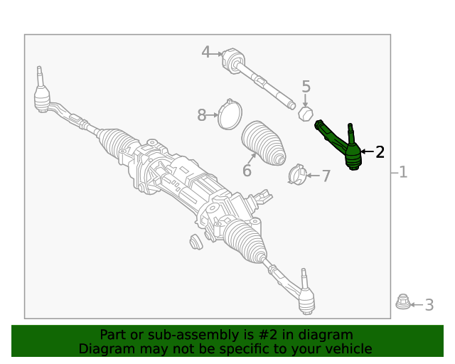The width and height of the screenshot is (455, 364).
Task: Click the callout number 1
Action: tap(403, 172)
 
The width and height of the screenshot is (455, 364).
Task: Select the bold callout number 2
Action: tap(380, 151)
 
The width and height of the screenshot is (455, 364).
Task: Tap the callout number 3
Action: tap(429, 305)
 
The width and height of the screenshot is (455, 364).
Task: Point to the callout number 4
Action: tap(206, 52)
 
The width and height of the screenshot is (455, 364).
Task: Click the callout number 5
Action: tap(306, 87)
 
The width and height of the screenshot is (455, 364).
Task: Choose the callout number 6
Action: tap(247, 171)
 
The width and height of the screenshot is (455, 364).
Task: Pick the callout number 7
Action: tap(326, 176)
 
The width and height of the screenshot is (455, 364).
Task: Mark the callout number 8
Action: tap(202, 114)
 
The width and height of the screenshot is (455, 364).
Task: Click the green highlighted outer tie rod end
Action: tap(346, 147)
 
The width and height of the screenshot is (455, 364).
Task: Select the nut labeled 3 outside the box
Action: tap(402, 304)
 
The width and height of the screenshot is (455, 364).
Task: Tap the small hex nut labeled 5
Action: tap(305, 113)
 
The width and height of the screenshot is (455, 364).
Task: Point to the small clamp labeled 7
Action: tap(298, 173)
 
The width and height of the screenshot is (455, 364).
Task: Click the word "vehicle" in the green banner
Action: tap(347, 349)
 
